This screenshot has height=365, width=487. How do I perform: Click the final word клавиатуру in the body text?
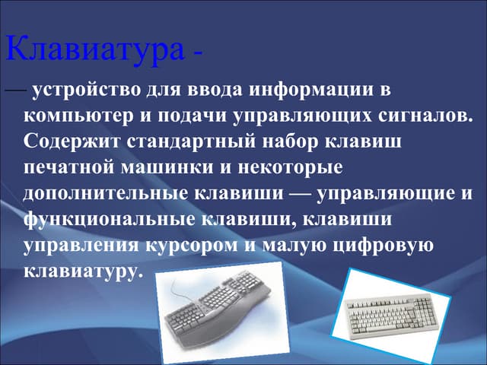click(83, 270)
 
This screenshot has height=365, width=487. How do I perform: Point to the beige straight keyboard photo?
click(391, 311)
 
